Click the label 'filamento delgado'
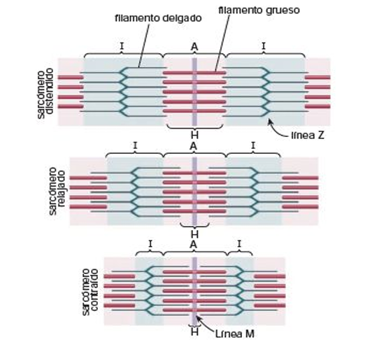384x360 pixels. click(158, 18)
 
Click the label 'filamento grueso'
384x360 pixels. click(259, 10)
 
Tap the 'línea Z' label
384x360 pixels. click(308, 135)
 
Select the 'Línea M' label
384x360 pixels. click(235, 334)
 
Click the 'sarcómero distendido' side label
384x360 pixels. click(45, 94)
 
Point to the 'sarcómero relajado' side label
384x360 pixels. click(57, 192)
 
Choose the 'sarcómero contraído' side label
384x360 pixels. click(90, 292)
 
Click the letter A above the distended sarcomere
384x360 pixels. click(194, 47)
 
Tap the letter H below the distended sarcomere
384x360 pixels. click(194, 135)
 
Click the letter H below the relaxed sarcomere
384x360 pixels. click(194, 234)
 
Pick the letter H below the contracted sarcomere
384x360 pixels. click(194, 332)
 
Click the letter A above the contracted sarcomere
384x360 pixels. click(194, 245)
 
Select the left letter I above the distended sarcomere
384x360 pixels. click(122, 46)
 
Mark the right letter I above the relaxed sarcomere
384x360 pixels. click(253, 145)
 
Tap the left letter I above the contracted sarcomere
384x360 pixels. click(150, 244)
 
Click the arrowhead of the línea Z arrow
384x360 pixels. click(269, 120)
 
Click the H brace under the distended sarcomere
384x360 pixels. click(194, 127)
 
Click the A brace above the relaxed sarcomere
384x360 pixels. click(194, 154)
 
